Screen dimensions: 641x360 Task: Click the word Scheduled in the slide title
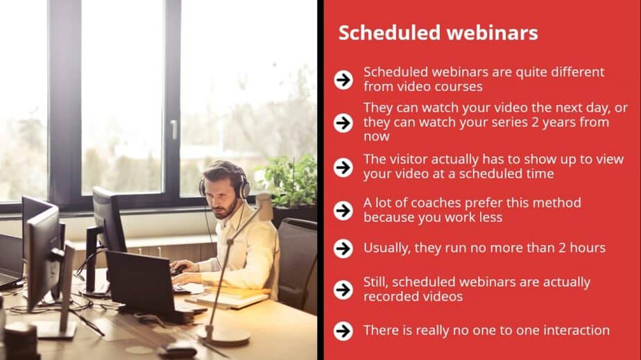[388, 33]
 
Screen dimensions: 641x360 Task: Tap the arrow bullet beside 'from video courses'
[343, 79]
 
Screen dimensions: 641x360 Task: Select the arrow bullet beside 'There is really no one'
[343, 331]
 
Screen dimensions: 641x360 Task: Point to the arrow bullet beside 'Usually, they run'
[343, 248]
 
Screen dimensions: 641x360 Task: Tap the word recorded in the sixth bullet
[391, 296]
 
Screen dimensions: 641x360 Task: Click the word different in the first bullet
[577, 72]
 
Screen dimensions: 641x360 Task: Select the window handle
[174, 130]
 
